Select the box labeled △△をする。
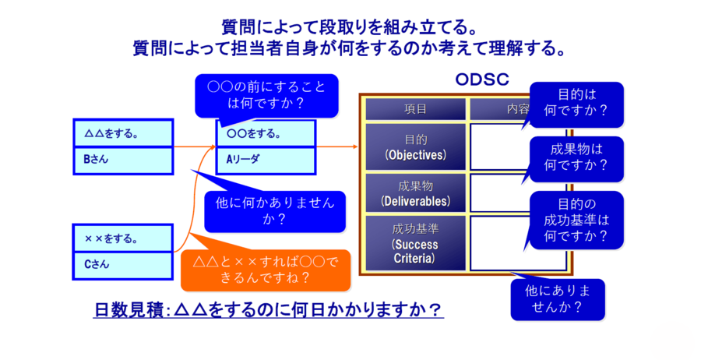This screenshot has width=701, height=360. [x=122, y=133]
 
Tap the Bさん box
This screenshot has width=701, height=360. [x=122, y=160]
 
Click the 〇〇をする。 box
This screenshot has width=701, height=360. [x=265, y=133]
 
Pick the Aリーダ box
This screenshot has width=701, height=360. [x=265, y=160]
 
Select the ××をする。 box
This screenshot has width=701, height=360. [x=122, y=238]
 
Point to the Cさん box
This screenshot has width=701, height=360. [x=122, y=264]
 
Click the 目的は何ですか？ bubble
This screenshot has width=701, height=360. [x=576, y=103]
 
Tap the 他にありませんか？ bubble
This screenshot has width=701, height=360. [x=557, y=299]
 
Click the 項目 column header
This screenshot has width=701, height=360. [x=415, y=108]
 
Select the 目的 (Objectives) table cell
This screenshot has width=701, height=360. [x=415, y=146]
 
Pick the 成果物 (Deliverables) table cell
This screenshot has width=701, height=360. [x=415, y=193]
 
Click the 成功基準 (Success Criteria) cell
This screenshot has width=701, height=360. [x=415, y=243]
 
